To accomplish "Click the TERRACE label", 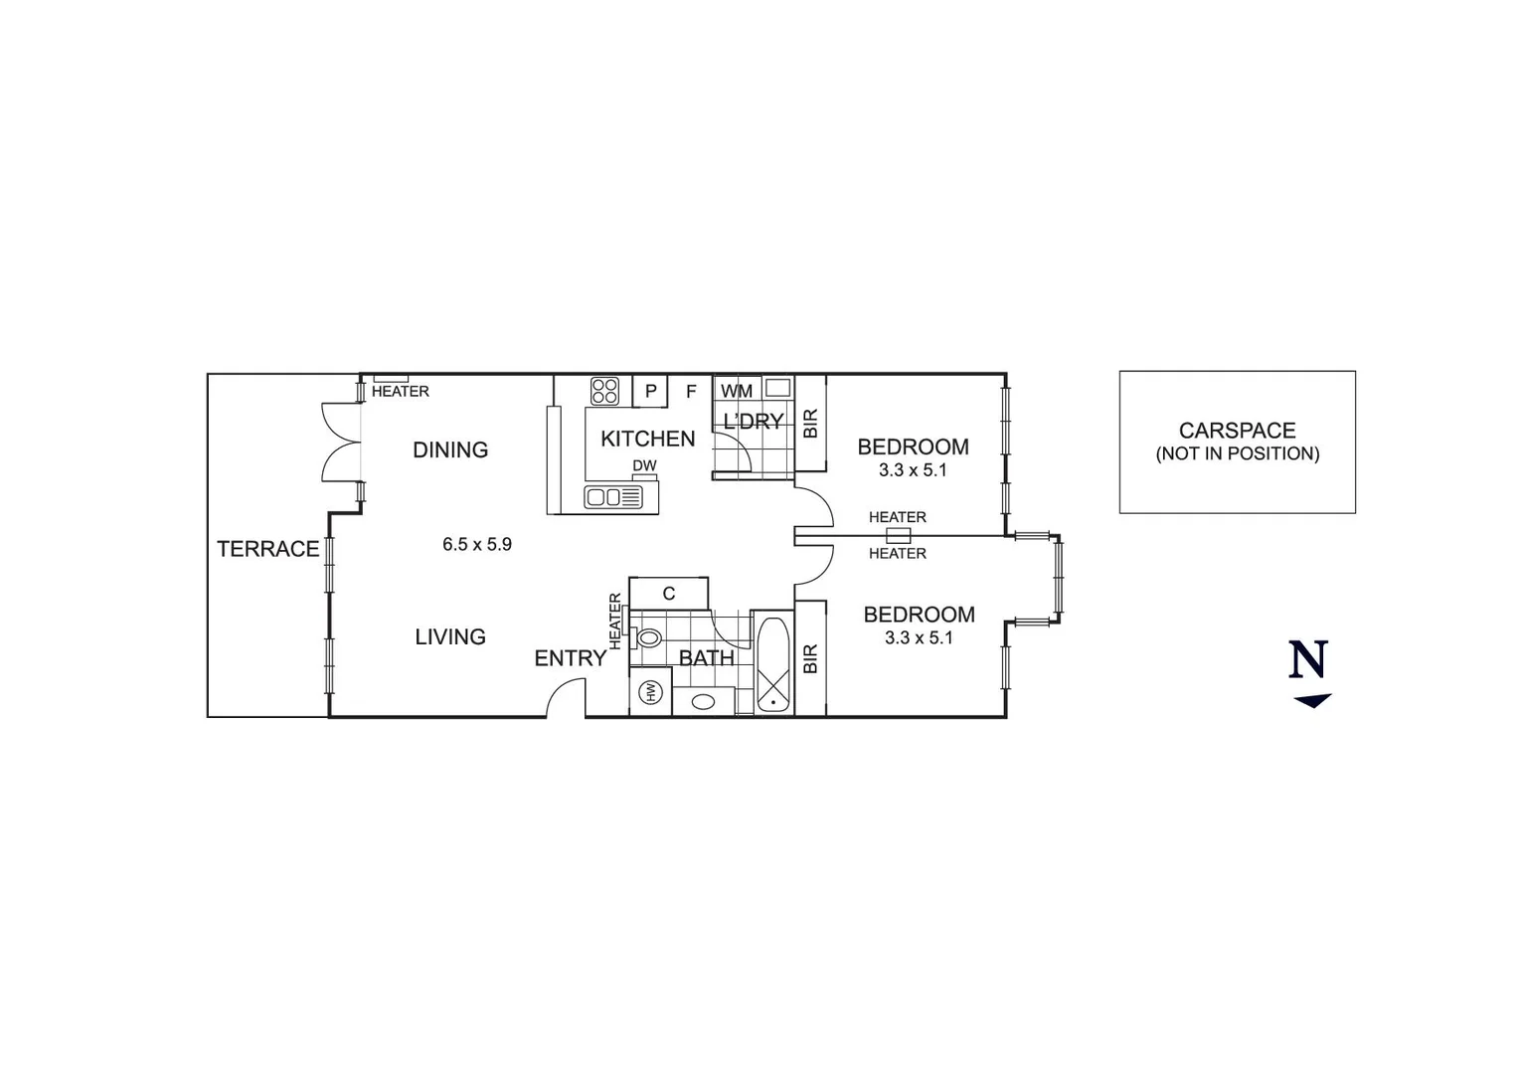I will [268, 549].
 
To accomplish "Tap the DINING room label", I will [450, 449].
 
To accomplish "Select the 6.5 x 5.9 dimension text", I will [477, 544].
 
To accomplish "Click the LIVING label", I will [450, 636].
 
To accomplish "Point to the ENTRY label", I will [570, 657].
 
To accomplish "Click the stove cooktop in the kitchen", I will [605, 391].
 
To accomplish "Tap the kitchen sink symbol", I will [613, 497].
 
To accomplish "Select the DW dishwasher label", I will [644, 465].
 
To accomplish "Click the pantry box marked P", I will [650, 391].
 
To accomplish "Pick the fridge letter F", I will [691, 392].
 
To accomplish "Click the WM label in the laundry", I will [737, 391].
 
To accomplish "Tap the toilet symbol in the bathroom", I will [648, 637].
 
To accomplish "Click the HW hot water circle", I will [651, 692].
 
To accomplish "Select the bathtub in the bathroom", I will [772, 665].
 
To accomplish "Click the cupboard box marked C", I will [669, 594].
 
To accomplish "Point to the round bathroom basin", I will [703, 702].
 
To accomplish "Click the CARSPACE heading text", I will [1237, 431].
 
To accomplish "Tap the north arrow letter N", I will [1308, 659].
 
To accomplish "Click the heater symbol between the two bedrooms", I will [898, 535].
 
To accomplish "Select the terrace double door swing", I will [341, 443].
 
